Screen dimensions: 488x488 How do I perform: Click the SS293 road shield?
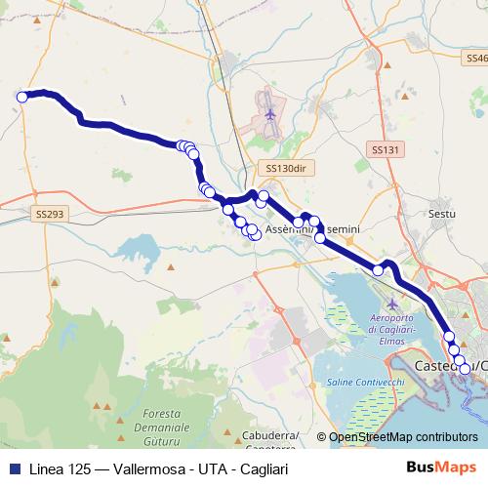click(48, 213)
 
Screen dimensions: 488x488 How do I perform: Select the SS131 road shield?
click(386, 149)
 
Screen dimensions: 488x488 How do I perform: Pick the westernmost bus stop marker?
click(21, 97)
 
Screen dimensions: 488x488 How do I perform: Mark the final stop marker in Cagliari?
click(465, 368)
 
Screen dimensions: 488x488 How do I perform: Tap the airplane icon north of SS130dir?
click(269, 115)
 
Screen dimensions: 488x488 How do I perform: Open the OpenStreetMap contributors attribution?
click(403, 438)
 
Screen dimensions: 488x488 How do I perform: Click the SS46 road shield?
click(474, 60)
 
